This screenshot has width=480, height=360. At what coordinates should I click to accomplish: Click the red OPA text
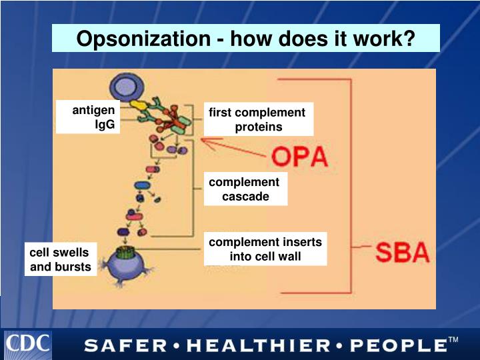(x=300, y=157)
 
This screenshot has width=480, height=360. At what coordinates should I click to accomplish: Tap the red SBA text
(x=401, y=253)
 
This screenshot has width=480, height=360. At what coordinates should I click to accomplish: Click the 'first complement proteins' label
(x=257, y=120)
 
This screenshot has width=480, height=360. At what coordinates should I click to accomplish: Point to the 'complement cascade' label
(x=245, y=189)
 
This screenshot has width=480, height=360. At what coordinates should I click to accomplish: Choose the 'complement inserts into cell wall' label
(x=265, y=249)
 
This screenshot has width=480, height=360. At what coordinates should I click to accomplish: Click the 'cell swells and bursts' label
(x=59, y=260)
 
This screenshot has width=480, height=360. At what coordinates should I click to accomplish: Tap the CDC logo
(x=28, y=344)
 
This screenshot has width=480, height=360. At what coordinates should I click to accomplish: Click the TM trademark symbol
(x=453, y=341)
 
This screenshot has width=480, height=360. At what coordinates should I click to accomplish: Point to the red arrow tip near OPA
(x=202, y=141)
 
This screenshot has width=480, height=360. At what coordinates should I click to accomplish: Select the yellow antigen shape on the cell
(x=138, y=105)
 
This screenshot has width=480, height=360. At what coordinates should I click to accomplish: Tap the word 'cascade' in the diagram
(x=245, y=197)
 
